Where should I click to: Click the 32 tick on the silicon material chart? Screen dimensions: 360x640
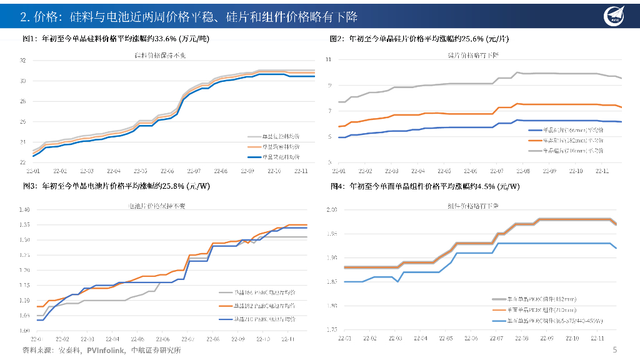click(x=22, y=61)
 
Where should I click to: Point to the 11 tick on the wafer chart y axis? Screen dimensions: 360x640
click(x=329, y=59)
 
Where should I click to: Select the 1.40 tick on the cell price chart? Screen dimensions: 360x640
click(x=24, y=209)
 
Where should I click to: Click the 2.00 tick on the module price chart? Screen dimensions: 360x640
click(x=332, y=210)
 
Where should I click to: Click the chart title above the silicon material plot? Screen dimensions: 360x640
click(x=161, y=56)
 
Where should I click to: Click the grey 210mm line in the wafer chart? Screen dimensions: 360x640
click(x=437, y=84)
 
